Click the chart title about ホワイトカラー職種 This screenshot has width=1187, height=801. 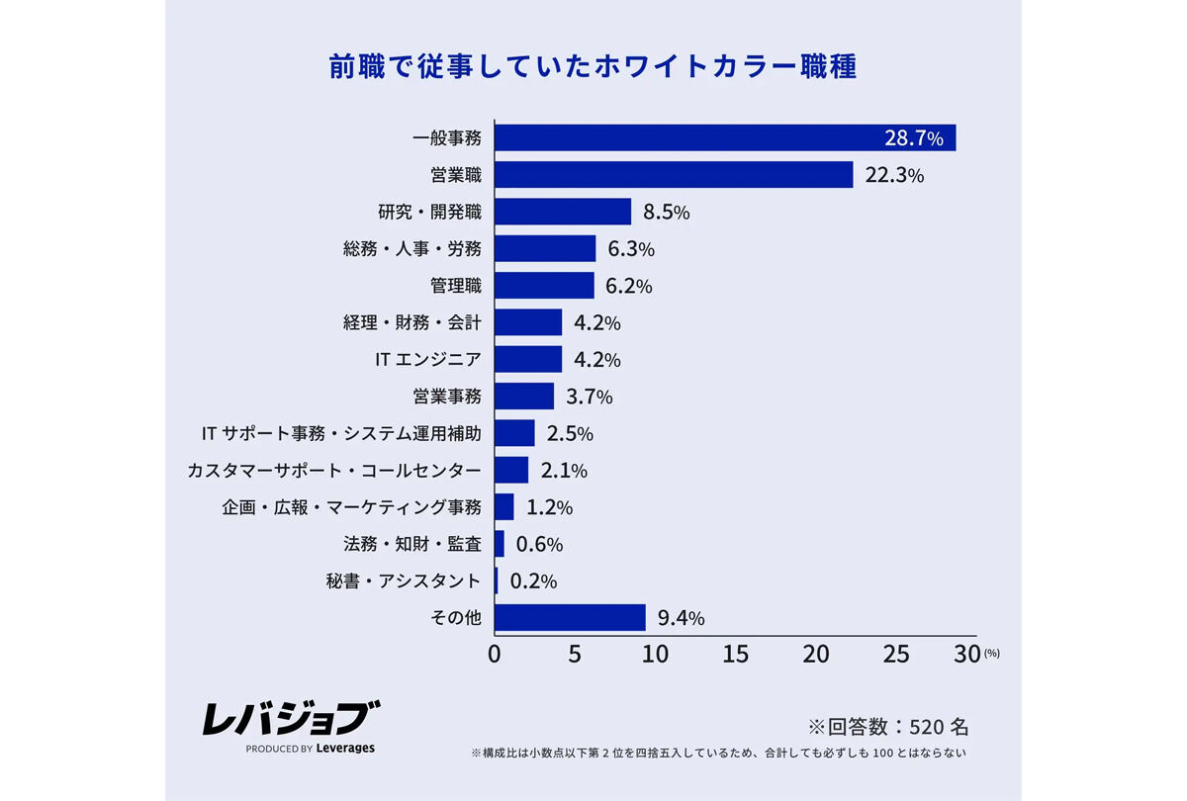coord(593,66)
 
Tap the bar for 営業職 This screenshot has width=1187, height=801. coord(673,175)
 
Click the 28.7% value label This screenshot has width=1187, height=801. coord(914,137)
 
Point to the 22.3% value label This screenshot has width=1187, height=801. coord(894,175)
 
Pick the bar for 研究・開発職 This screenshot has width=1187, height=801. coord(562,212)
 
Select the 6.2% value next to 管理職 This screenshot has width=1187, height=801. coord(630,286)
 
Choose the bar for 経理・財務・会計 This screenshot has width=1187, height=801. coord(527,322)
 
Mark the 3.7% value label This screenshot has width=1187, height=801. coord(590,397)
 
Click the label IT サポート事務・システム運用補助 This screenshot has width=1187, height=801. coord(340,433)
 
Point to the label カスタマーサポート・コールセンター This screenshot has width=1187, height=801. coord(334,470)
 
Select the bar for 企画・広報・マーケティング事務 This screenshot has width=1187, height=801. coord(503,507)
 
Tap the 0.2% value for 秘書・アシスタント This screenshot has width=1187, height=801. coord(533,581)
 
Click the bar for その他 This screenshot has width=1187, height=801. coord(569,618)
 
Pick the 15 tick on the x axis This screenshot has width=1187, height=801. coord(735,655)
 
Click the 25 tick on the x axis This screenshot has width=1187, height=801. coord(895,655)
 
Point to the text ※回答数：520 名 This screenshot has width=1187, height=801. coord(888,727)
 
